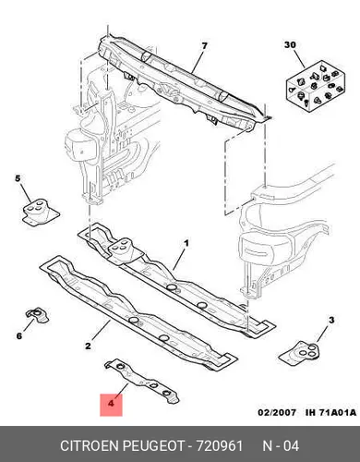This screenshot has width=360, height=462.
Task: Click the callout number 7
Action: [204, 46]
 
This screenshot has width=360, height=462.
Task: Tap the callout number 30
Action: [290, 45]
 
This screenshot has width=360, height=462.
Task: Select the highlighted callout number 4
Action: [111, 402]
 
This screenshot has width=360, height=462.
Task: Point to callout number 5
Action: [18, 178]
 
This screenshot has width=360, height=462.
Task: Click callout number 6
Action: [19, 335]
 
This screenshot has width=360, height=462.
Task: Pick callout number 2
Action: [88, 346]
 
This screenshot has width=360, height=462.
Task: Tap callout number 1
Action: [186, 243]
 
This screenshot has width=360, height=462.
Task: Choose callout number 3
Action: [331, 320]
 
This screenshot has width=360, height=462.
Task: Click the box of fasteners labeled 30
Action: [316, 85]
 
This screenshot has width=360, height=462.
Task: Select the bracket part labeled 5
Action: [40, 212]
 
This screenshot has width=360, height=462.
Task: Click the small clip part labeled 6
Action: [37, 315]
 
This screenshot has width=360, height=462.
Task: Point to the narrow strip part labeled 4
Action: [141, 381]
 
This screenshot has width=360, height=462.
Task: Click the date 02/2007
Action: [277, 412]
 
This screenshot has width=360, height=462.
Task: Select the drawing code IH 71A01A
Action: [330, 412]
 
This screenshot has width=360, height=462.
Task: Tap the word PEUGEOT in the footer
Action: [153, 445]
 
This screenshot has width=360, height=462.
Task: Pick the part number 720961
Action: [220, 445]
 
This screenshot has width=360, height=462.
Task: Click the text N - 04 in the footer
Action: [281, 445]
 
